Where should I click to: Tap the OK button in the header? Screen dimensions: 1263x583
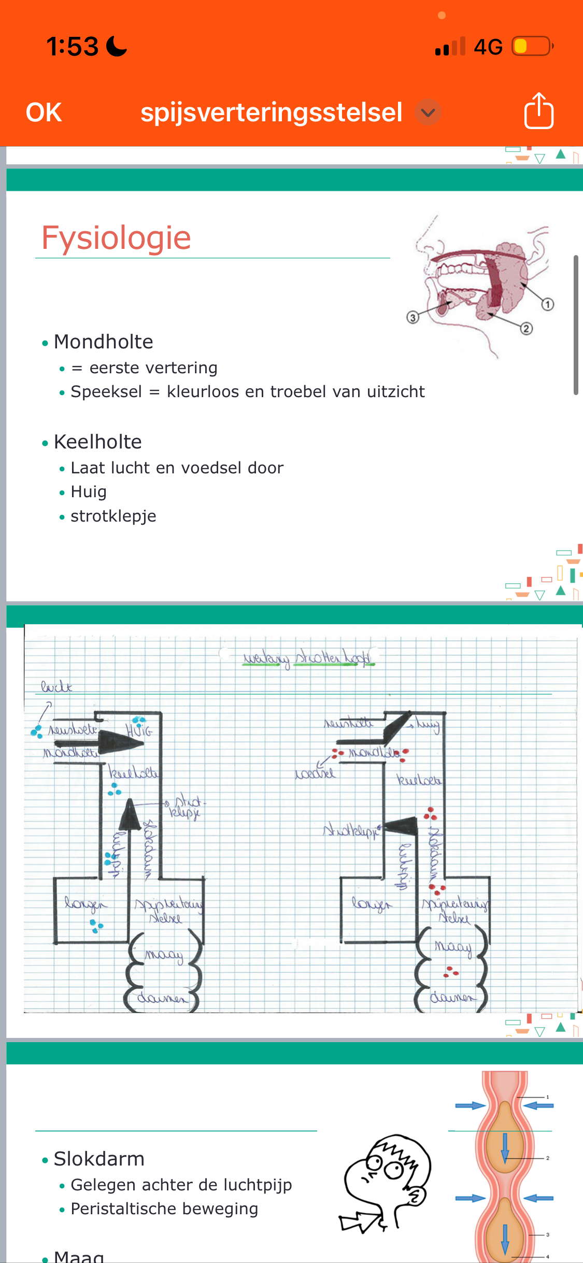[44, 113]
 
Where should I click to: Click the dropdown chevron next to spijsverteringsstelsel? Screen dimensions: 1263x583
[428, 113]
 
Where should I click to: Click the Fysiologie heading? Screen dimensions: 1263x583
[116, 238]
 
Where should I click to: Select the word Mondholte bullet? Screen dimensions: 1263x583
[104, 342]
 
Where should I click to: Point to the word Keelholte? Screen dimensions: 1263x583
[98, 442]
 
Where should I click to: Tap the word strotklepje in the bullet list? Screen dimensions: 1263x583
[113, 516]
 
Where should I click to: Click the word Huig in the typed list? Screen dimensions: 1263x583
[89, 492]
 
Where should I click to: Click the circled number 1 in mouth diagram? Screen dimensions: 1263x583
[548, 304]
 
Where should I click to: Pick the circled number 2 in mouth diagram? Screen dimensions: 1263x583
[527, 328]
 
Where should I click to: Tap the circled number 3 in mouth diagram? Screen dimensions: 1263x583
[413, 317]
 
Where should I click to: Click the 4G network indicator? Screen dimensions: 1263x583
[488, 47]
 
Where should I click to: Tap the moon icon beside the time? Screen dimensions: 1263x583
[117, 46]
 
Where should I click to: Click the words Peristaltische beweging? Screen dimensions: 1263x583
[164, 1209]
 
